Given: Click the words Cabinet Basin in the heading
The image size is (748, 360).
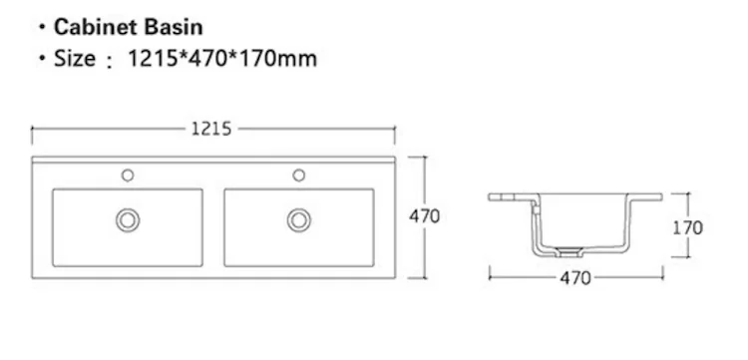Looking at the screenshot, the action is [129, 27].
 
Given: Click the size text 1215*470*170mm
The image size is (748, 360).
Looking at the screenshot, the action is [222, 59].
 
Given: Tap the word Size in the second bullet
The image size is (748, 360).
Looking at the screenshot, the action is [75, 59].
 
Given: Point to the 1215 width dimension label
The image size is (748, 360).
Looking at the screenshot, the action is [211, 129].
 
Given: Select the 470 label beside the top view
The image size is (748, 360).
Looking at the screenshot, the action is [424, 216].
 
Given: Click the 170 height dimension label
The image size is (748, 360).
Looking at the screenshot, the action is [687, 228].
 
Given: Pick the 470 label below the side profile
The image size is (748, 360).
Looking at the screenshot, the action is [575, 277].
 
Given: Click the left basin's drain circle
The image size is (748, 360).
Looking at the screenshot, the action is [128, 220].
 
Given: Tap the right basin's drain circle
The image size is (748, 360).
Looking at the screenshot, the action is [299, 220].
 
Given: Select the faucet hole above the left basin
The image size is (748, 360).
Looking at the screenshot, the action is [128, 176].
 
